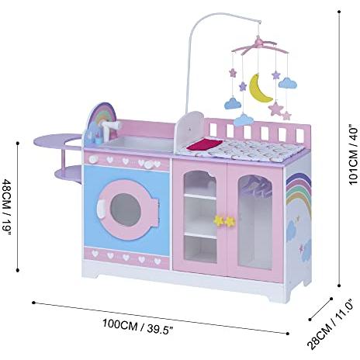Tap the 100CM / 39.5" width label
(137, 327)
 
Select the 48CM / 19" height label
(6, 207)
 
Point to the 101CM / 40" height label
(354, 154)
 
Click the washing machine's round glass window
(126, 209)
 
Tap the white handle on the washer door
(100, 209)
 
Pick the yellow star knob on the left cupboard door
(219, 220)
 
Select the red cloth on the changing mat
(205, 144)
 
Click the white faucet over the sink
(110, 129)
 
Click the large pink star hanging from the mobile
(275, 109)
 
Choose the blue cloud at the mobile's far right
(288, 83)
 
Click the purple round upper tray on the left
(57, 140)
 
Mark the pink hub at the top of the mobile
(258, 41)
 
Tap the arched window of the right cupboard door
(255, 222)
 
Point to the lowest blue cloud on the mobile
(244, 119)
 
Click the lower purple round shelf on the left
(68, 174)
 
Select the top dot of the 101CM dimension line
(339, 12)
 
